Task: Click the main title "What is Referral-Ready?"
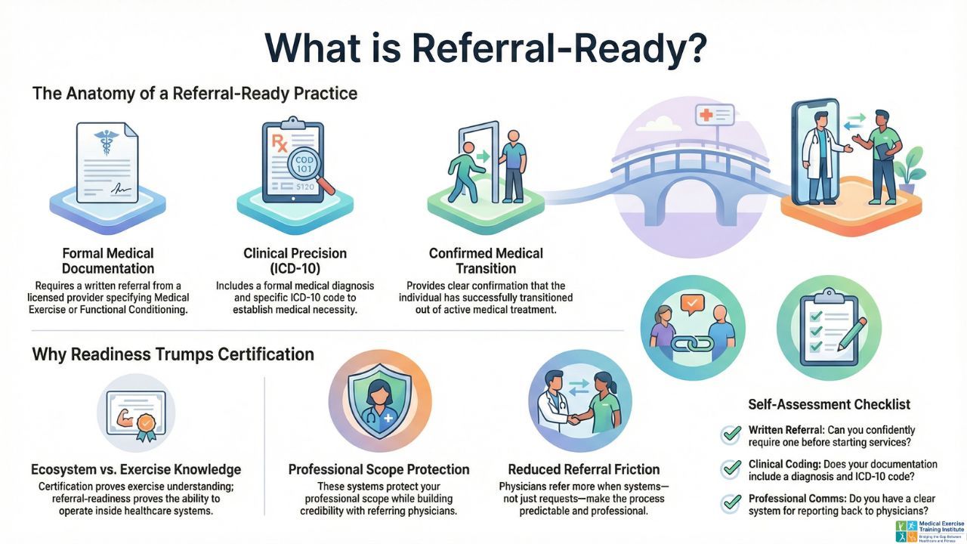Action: [x=486, y=48]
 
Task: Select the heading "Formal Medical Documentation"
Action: [x=108, y=261]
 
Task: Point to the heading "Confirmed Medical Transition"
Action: [x=486, y=261]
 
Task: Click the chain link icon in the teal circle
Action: [x=692, y=342]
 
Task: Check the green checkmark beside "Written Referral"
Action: [x=731, y=434]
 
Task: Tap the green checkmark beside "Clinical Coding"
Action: [x=731, y=468]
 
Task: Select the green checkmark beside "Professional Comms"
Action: [x=731, y=502]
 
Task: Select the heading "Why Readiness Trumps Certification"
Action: [x=173, y=354]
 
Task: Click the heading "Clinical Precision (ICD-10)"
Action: [x=295, y=261]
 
